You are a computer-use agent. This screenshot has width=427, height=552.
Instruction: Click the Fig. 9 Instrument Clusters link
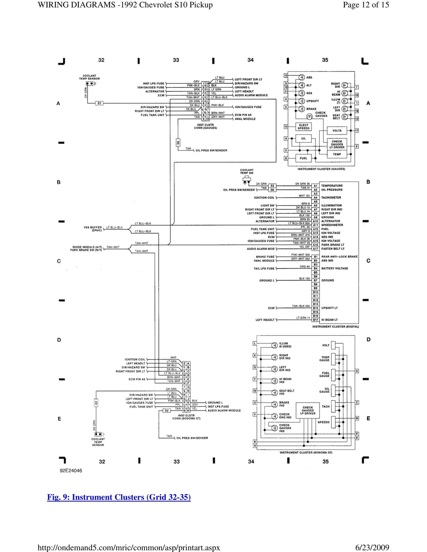[119, 497]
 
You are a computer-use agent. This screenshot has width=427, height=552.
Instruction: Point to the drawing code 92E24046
[71, 471]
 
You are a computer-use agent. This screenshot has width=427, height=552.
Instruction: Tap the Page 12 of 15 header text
[366, 5]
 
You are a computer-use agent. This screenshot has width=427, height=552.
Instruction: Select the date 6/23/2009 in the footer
[372, 547]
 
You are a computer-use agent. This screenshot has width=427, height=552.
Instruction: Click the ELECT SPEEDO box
[303, 127]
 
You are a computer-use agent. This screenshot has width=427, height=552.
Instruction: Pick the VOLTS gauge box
[337, 131]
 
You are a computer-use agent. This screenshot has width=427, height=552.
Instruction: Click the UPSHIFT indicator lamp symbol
[302, 101]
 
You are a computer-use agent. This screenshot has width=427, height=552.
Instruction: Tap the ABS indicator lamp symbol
[302, 77]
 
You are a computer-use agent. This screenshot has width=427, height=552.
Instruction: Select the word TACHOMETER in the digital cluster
[331, 197]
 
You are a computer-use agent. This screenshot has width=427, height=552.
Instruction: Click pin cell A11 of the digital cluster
[315, 225]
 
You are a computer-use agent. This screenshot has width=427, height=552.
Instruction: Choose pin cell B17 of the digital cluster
[315, 320]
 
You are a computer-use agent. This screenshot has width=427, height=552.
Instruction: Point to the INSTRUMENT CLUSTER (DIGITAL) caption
[335, 327]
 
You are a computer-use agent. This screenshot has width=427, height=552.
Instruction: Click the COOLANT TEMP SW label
[247, 171]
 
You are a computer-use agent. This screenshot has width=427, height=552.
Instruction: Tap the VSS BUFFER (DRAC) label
[93, 229]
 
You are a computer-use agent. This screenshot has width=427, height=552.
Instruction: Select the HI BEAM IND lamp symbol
[274, 381]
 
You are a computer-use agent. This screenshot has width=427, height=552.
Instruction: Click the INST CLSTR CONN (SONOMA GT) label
[186, 417]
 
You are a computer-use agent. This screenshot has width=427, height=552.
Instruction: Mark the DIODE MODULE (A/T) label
[87, 247]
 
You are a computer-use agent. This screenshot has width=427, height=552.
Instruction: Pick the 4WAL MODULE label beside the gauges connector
[245, 119]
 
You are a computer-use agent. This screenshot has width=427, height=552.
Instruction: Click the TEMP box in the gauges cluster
[337, 154]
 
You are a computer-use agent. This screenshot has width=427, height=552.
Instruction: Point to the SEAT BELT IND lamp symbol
[274, 392]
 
